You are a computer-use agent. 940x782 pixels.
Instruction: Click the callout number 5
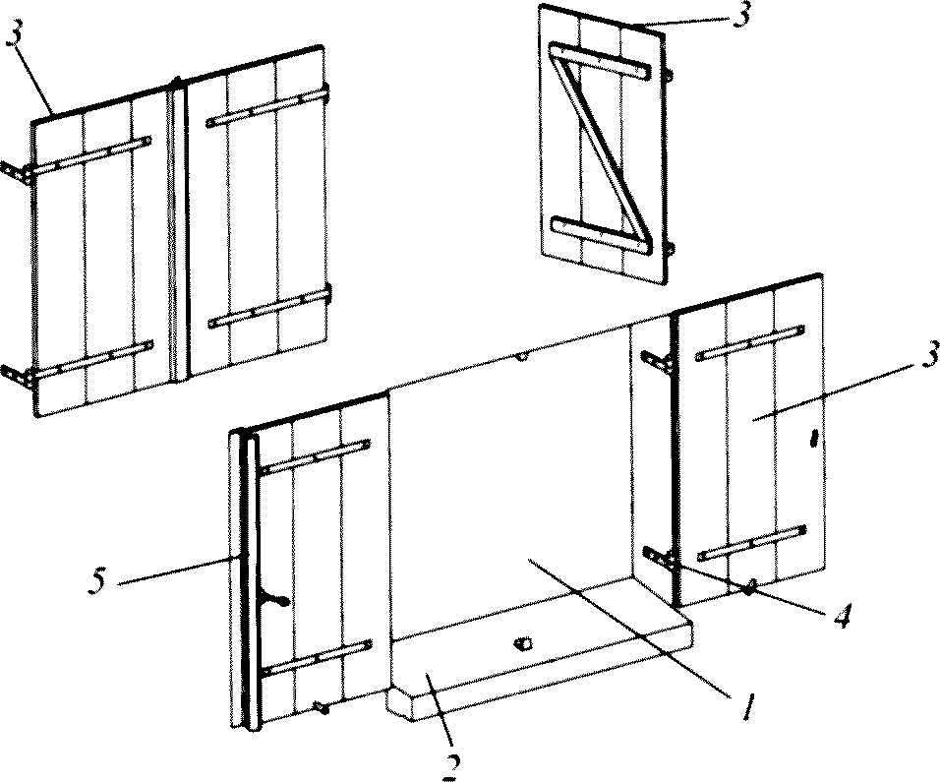tap(97, 580)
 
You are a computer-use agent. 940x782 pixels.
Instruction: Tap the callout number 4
tap(843, 615)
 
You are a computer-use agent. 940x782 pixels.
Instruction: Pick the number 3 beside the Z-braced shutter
tap(741, 13)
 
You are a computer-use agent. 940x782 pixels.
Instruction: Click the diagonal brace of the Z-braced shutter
tap(600, 150)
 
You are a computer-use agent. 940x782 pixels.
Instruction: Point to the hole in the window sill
tap(523, 643)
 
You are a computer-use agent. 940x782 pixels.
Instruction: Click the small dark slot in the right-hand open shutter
tap(813, 438)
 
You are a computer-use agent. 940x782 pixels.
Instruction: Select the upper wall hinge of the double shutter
tap(17, 173)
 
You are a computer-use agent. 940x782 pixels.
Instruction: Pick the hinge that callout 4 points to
tap(660, 559)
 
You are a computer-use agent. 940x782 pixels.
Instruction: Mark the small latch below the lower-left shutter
tap(323, 707)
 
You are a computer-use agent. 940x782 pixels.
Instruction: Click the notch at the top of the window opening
tap(521, 357)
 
